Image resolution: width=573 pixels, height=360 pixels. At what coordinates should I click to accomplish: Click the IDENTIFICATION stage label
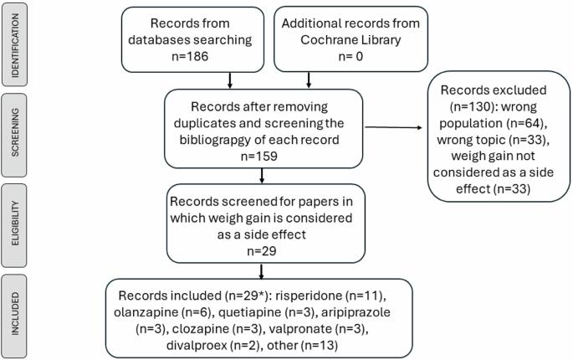click(x=14, y=45)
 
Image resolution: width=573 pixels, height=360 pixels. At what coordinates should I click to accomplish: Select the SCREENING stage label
click(x=14, y=132)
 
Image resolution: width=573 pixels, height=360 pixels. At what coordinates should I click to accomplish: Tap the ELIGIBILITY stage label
click(x=14, y=224)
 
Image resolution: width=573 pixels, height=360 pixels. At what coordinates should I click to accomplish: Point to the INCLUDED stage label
click(x=14, y=314)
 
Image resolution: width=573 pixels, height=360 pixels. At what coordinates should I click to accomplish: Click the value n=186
click(x=190, y=56)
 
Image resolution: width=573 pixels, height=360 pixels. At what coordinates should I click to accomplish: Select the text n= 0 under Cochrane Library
click(x=350, y=56)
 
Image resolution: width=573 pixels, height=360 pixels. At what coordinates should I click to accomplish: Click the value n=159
click(x=259, y=157)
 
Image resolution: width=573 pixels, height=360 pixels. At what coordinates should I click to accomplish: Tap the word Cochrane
click(x=327, y=40)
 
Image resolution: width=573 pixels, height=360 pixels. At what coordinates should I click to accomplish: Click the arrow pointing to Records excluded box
click(x=393, y=127)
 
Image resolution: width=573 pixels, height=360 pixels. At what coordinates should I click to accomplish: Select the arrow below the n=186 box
click(x=229, y=80)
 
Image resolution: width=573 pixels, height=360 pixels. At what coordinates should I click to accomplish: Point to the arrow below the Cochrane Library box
click(x=309, y=80)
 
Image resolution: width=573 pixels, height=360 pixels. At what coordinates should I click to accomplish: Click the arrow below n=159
click(x=262, y=176)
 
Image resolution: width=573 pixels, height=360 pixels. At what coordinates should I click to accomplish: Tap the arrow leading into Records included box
click(x=261, y=271)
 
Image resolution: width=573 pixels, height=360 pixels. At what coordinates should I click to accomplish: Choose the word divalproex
click(x=197, y=346)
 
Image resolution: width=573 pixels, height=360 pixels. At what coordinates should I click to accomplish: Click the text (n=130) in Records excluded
click(x=472, y=106)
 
